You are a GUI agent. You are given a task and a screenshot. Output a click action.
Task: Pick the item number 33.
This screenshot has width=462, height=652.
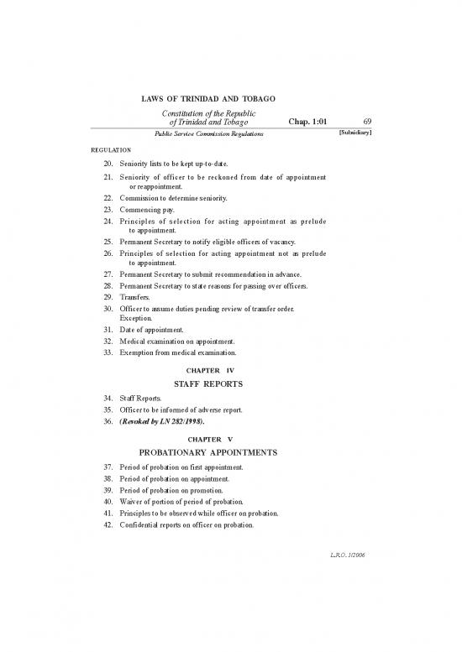point(108,353)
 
